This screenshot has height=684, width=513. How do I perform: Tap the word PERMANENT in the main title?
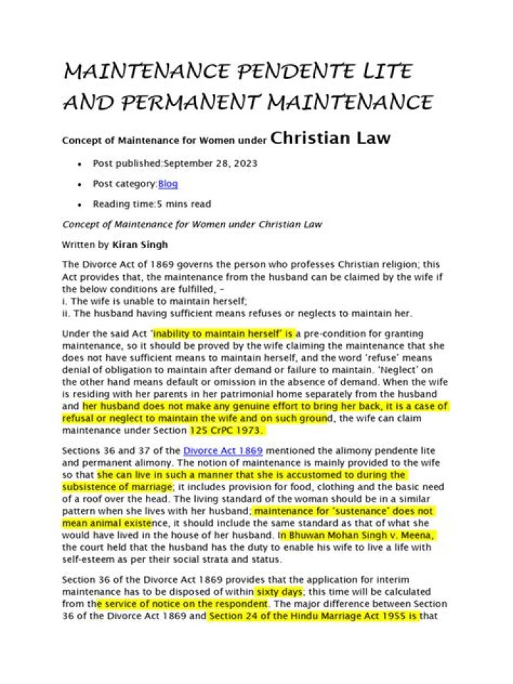pos(192,103)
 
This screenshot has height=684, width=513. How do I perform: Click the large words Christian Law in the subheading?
pos(331,138)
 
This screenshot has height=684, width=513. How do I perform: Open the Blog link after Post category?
pos(168,184)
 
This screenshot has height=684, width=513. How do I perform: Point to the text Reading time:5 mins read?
pos(152,204)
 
